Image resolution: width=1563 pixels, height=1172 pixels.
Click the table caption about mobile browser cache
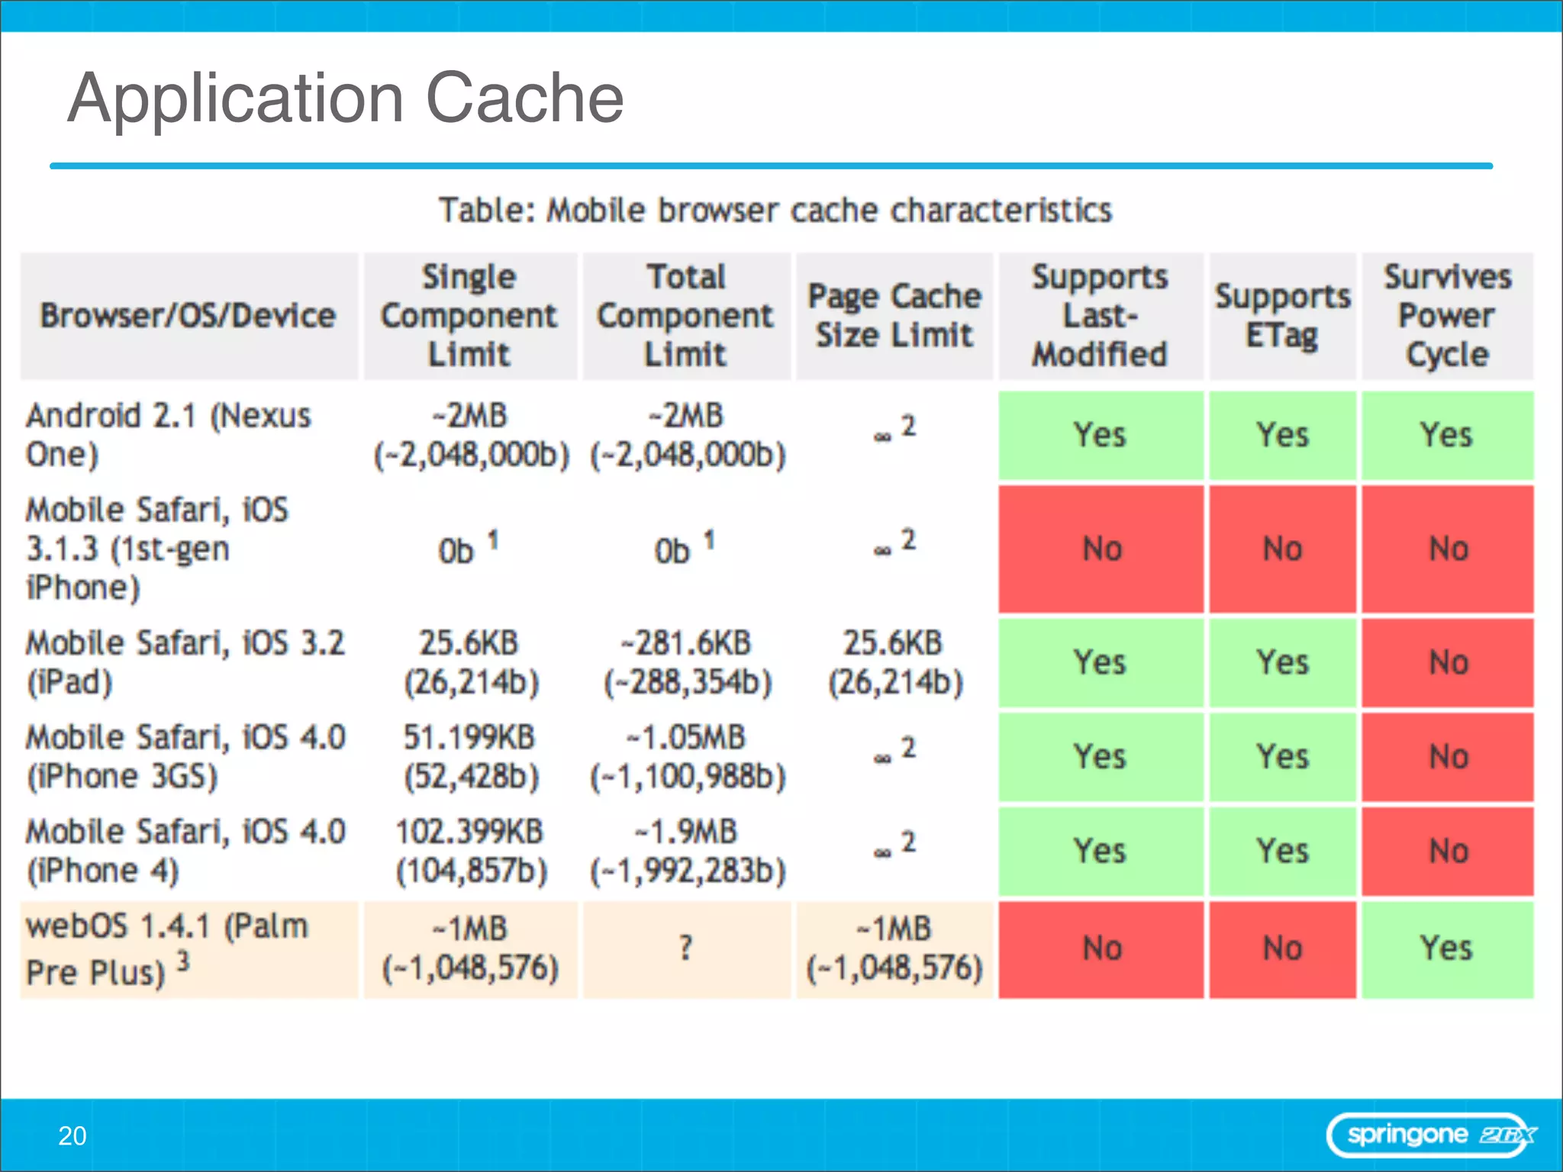pos(775,210)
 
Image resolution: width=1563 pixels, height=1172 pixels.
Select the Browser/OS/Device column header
pos(188,315)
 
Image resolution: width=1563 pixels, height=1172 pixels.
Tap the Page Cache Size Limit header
pos(894,315)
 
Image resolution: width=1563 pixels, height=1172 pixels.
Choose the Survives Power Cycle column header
pos(1447,315)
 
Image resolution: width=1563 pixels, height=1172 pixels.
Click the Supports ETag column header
pos(1282,315)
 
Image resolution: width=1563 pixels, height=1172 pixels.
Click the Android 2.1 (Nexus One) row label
pos(168,435)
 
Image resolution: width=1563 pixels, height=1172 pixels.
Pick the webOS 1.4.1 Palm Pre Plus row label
pos(168,949)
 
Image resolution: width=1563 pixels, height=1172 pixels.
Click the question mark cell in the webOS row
pos(686,948)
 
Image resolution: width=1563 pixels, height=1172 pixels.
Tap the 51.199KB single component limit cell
pos(470,757)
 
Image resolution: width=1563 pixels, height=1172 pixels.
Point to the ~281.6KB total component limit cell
pos(687,662)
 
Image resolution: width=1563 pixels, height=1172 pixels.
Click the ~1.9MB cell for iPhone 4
pos(687,851)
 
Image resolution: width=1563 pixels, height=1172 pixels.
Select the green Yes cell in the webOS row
pos(1447,949)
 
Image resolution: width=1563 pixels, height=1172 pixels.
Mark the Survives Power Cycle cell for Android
pos(1447,435)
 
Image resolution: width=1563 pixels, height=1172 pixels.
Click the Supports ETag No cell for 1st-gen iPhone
pos(1282,549)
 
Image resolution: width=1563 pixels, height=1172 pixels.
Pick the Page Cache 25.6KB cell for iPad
pos(894,662)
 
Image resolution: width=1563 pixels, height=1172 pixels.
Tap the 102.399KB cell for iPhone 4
pos(470,851)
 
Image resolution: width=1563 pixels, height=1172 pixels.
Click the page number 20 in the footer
pos(73,1136)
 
